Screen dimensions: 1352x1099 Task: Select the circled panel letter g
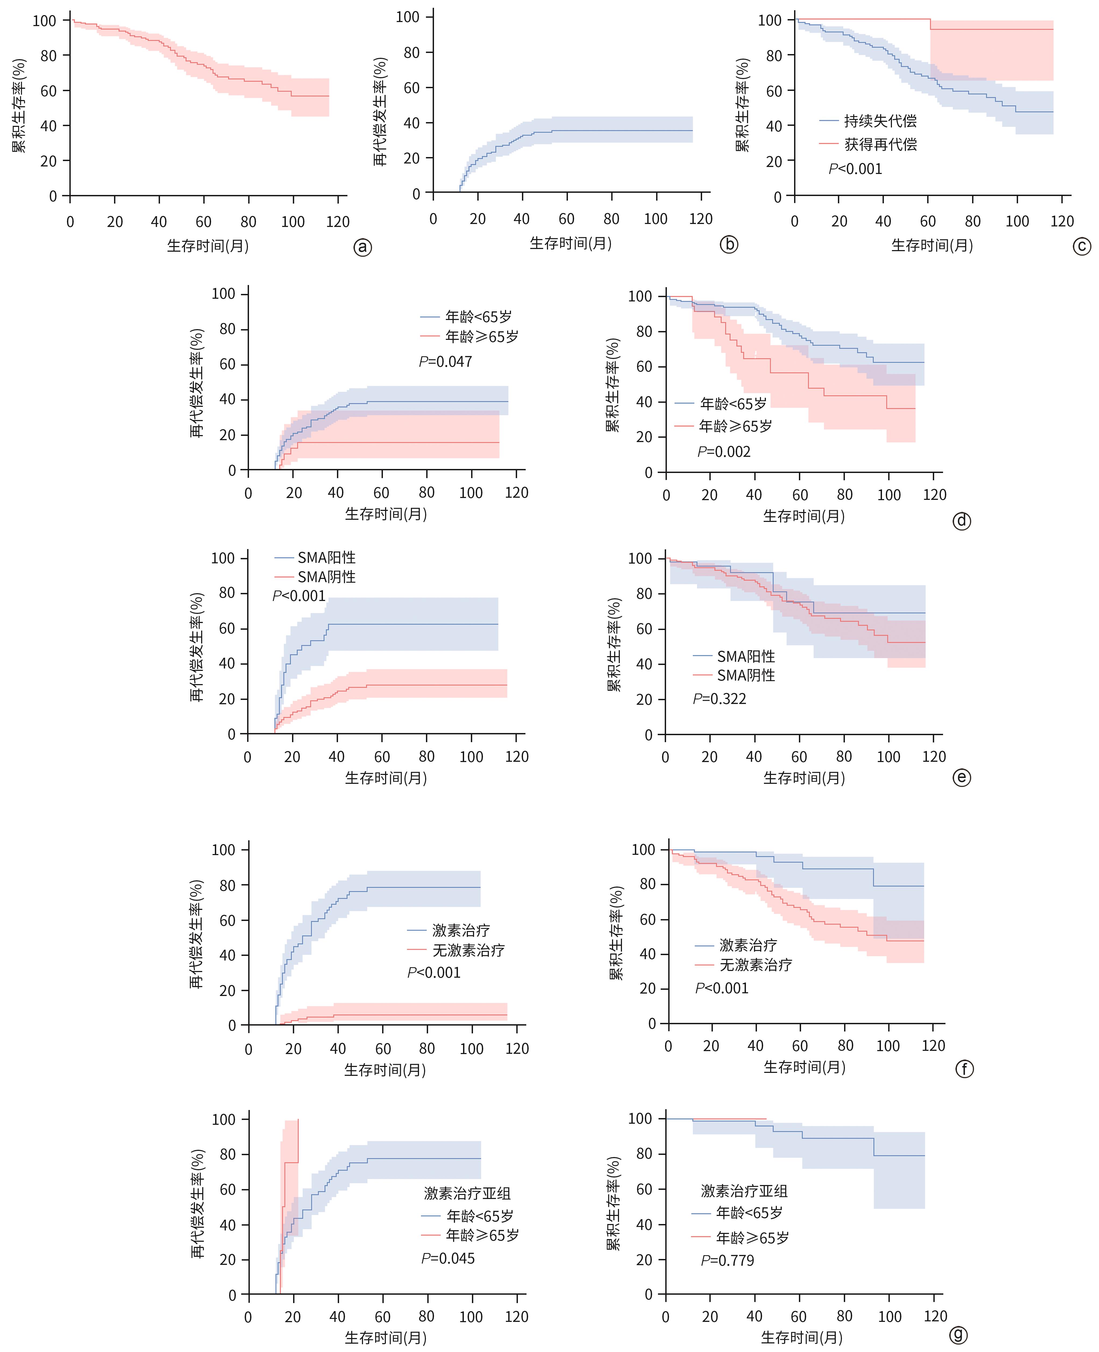tap(958, 1335)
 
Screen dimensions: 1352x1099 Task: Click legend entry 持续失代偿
tap(880, 121)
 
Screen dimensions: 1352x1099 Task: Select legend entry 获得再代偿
tap(880, 144)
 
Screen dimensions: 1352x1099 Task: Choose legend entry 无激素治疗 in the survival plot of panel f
tap(755, 965)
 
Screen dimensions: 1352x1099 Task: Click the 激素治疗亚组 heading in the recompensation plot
tap(467, 1193)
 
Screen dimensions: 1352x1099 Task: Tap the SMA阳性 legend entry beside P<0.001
tap(326, 558)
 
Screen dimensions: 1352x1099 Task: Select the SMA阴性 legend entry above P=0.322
tap(746, 675)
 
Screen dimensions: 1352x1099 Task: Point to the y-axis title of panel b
tap(380, 111)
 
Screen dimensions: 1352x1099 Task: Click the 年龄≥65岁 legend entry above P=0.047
tap(481, 337)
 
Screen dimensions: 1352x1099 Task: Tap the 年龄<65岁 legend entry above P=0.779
tap(749, 1213)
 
